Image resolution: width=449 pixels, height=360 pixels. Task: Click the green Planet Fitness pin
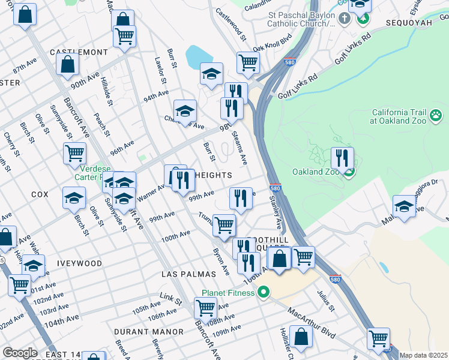pyautogui.click(x=262, y=293)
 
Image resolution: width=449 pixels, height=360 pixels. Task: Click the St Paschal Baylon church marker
pyautogui.click(x=344, y=18)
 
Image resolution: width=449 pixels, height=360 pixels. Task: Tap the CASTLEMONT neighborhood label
pyautogui.click(x=79, y=52)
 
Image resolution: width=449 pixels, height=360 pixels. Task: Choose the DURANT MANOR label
pyautogui.click(x=148, y=331)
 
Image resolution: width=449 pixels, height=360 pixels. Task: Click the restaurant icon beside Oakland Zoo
pyautogui.click(x=342, y=158)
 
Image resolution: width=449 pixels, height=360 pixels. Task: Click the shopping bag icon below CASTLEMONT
pyautogui.click(x=68, y=64)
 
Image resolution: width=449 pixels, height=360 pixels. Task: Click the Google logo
pyautogui.click(x=20, y=353)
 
